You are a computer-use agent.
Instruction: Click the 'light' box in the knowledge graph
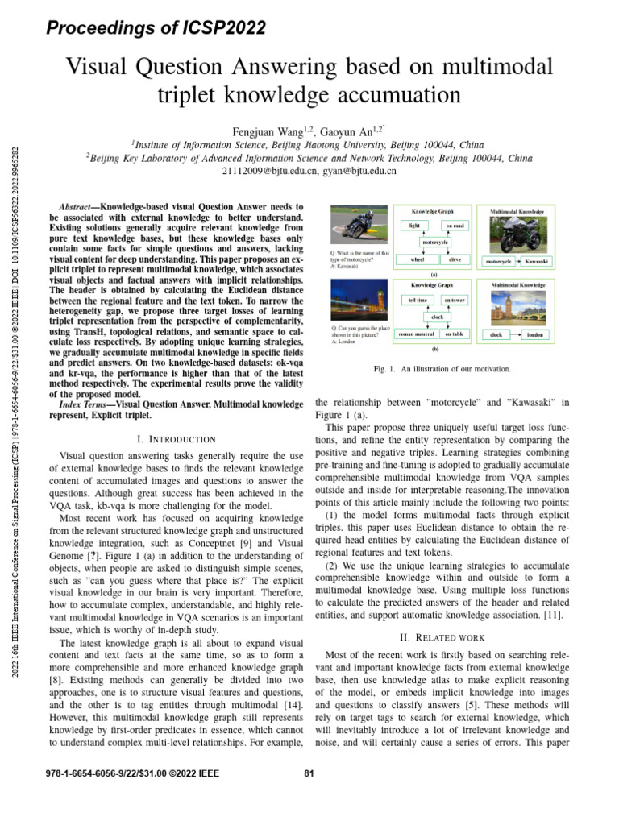click(414, 226)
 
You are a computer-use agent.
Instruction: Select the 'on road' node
click(454, 226)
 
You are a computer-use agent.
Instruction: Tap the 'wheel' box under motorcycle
click(417, 260)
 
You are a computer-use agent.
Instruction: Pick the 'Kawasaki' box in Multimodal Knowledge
click(536, 262)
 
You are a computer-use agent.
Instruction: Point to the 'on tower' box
click(454, 301)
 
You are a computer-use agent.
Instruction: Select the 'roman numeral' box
click(418, 334)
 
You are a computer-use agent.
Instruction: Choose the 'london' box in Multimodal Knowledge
click(535, 334)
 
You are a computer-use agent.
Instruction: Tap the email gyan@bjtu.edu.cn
click(359, 171)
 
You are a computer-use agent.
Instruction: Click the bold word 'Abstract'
click(80, 207)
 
